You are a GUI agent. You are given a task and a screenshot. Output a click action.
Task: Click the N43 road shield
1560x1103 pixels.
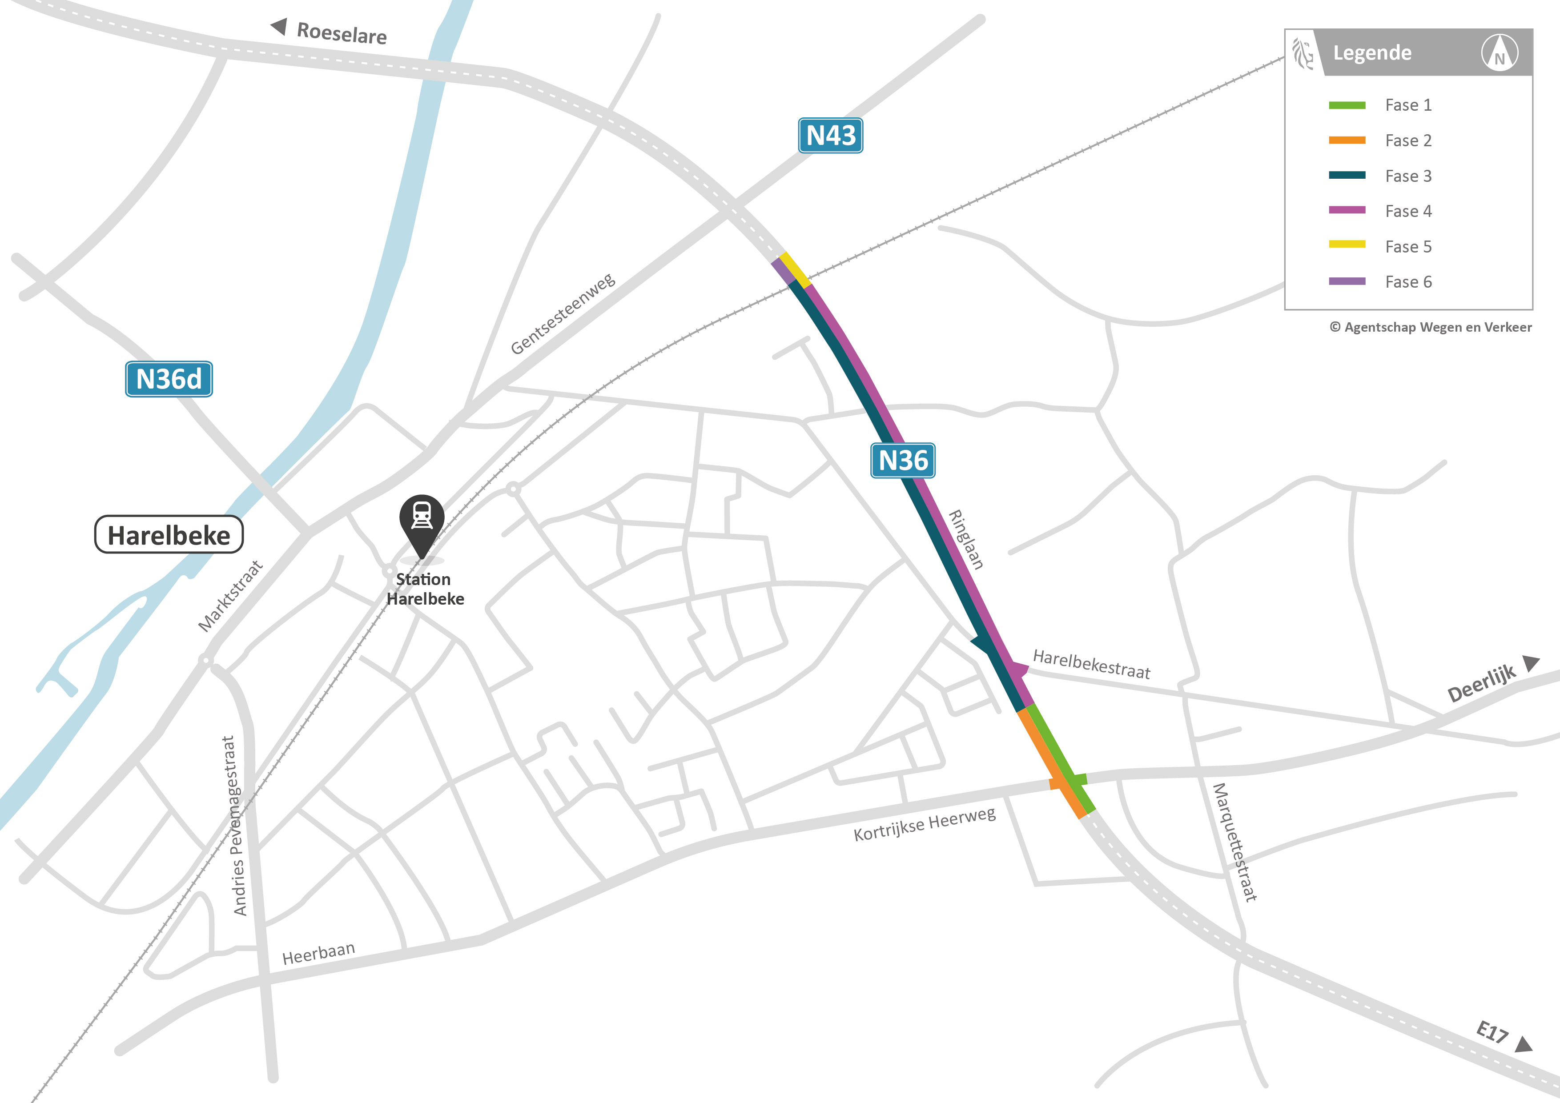click(830, 136)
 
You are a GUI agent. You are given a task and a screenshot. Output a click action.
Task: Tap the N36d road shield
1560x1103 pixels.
click(169, 379)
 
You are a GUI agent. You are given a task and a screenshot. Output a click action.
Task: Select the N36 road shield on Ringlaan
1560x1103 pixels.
click(903, 461)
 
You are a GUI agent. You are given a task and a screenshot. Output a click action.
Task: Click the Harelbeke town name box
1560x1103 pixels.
click(169, 535)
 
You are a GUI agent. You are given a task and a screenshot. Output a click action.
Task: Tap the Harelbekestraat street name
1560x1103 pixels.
click(1091, 664)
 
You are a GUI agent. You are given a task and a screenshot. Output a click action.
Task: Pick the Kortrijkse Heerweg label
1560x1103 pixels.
click(924, 824)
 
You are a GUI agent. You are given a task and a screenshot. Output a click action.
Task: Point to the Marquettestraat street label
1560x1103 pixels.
click(1234, 842)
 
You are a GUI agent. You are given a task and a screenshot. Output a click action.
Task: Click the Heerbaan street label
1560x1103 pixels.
click(319, 953)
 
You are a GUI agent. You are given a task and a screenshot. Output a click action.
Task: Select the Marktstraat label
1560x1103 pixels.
click(230, 596)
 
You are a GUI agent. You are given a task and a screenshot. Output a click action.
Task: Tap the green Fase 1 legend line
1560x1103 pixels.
click(1347, 105)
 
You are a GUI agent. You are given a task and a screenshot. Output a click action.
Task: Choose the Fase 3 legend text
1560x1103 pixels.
click(1408, 176)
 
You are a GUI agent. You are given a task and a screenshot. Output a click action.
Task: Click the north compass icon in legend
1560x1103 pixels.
click(1500, 53)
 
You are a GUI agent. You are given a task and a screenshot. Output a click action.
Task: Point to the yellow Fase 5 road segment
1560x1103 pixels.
click(795, 270)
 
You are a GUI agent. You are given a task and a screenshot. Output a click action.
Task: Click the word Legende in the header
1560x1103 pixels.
click(1372, 53)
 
